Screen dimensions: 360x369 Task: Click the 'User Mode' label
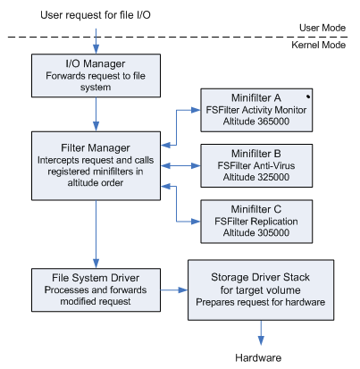pos(322,28)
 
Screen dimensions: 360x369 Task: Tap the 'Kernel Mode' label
pos(318,45)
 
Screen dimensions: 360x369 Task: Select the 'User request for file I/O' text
pos(96,15)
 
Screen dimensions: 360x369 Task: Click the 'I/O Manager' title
pos(96,63)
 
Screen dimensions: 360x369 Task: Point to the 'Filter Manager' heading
pos(96,147)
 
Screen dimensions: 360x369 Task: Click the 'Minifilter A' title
pos(256,97)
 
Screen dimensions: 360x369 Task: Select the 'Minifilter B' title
pos(256,154)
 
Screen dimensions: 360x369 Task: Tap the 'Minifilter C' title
pos(256,209)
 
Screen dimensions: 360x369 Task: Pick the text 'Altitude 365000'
pos(256,122)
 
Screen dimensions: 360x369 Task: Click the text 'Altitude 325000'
pos(256,177)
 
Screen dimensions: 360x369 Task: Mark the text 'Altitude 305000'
pos(256,232)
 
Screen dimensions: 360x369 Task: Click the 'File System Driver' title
pos(96,278)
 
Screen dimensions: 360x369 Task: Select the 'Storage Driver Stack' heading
pos(260,277)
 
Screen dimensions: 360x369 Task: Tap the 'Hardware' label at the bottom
pos(258,357)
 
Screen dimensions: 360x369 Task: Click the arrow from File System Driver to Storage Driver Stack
pos(174,289)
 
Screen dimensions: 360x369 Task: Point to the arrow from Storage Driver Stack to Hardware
pos(261,332)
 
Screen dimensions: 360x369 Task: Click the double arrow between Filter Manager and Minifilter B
pos(180,165)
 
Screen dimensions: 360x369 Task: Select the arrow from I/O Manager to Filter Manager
pos(96,114)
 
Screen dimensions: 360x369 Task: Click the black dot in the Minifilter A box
pos(308,96)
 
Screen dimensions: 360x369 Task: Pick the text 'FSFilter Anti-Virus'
pos(256,165)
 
